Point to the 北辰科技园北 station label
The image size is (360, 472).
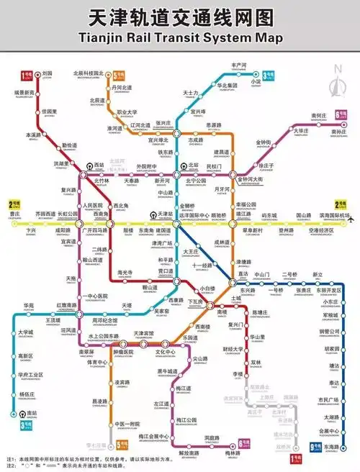pos(89,73)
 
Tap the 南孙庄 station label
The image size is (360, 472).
pos(338,132)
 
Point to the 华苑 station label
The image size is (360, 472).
pos(29,307)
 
